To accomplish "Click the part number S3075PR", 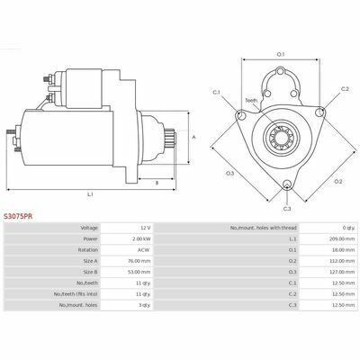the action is coord(19,216).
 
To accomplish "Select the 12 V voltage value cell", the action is coord(146,228).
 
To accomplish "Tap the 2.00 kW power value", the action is coord(142,239).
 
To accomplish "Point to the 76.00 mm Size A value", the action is coord(139,261).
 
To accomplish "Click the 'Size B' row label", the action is coord(90,272).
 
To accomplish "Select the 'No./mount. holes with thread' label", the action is coord(264,228).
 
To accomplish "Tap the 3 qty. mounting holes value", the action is coord(145,305).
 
